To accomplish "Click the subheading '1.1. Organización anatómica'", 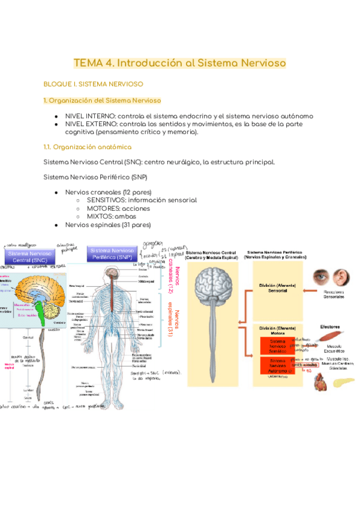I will [86, 147].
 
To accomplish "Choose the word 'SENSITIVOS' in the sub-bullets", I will [107, 200].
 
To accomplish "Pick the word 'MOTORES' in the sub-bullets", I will [102, 208].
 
